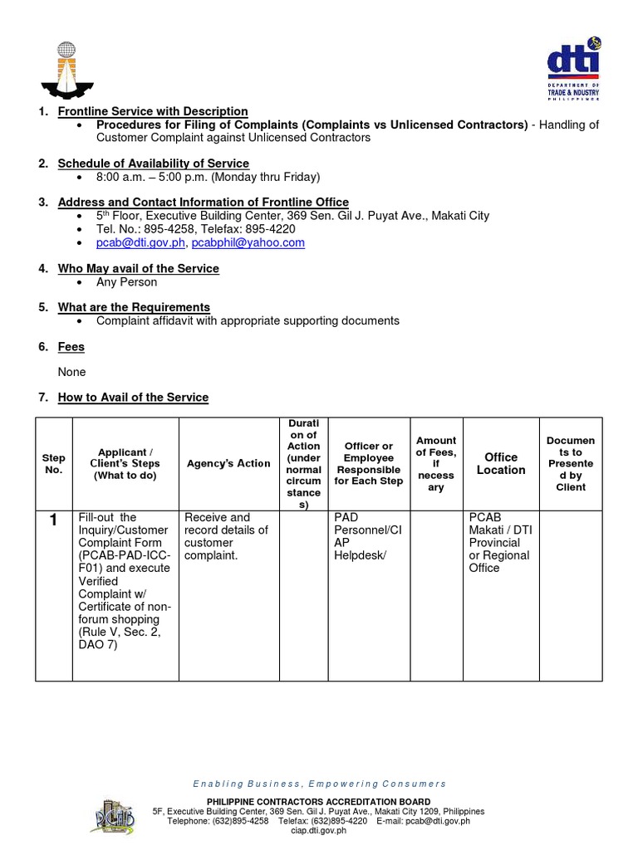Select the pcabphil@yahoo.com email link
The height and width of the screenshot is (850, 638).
[248, 242]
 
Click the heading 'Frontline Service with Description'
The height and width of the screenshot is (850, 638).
[153, 111]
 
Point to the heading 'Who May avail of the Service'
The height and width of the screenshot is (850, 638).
[138, 268]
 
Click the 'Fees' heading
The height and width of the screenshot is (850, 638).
[71, 346]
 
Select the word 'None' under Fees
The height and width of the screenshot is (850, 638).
[71, 372]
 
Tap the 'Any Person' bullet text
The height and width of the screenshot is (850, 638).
[126, 281]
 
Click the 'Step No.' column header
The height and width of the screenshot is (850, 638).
[53, 463]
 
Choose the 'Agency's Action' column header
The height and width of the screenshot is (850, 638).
[228, 463]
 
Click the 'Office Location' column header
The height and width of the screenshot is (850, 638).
[500, 463]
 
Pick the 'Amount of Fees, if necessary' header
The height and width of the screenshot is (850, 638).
[436, 463]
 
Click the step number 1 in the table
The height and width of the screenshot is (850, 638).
[53, 520]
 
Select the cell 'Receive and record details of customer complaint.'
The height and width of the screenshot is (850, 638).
[226, 535]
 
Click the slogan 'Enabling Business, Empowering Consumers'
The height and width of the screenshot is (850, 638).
[319, 784]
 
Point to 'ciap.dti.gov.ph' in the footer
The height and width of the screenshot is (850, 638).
[319, 830]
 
